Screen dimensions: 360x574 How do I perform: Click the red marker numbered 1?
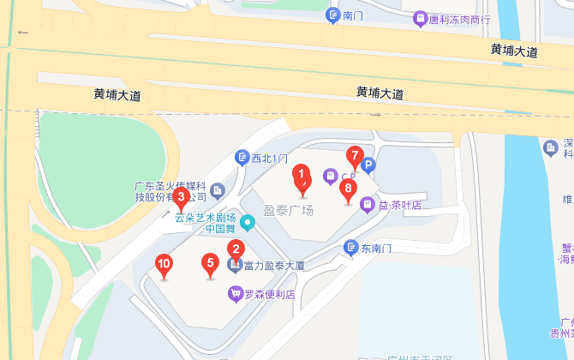coord(302,177)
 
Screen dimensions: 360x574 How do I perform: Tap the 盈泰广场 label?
coord(288,211)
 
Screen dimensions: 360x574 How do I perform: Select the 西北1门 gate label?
coord(267,158)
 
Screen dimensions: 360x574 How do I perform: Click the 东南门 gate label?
coord(375,248)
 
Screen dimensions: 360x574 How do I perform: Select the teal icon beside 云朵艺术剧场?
coord(248,225)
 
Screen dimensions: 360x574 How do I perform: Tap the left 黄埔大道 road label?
coord(117,94)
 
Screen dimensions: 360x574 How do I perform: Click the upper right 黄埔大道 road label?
coord(514,51)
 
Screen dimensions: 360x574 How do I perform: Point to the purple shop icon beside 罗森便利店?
coord(235,294)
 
